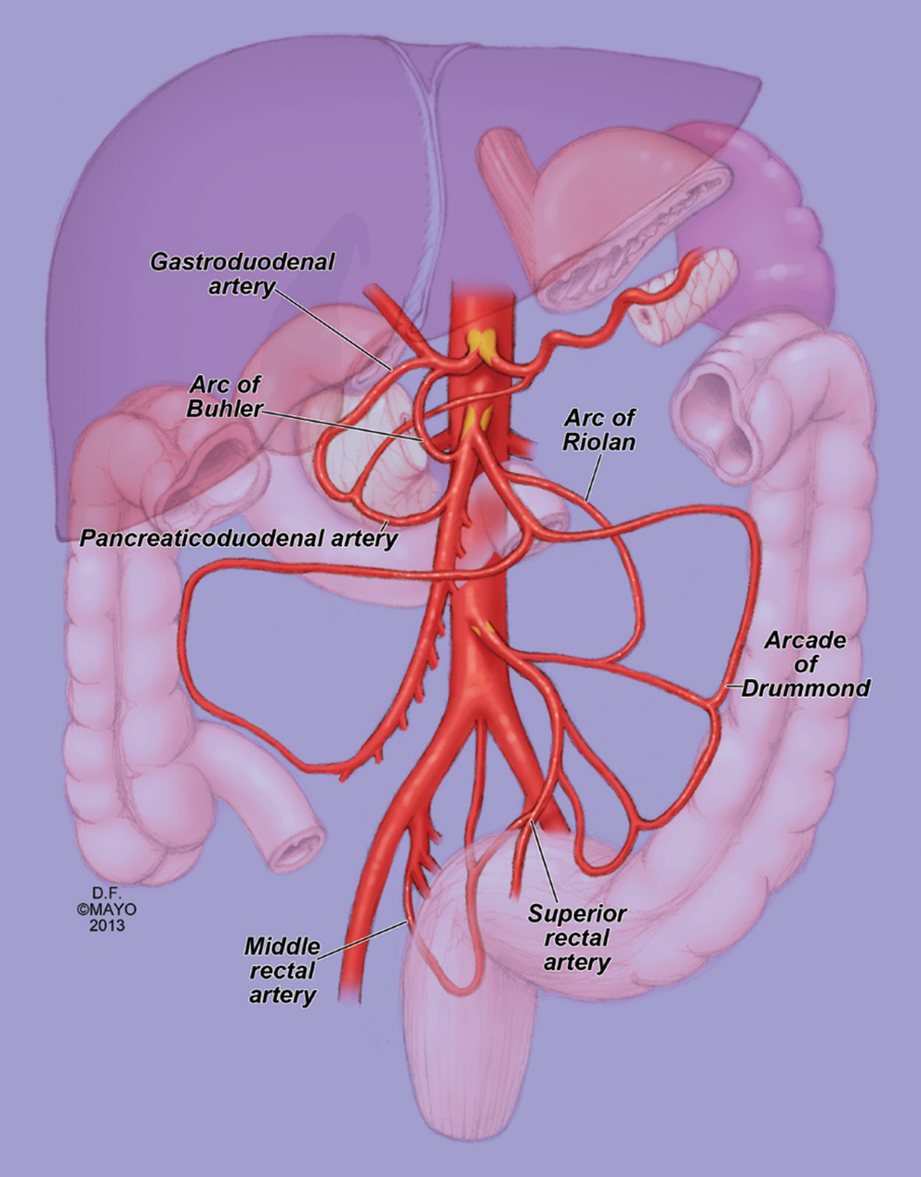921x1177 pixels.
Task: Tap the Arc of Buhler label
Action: pyautogui.click(x=227, y=396)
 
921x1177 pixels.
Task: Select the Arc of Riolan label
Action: pyautogui.click(x=599, y=428)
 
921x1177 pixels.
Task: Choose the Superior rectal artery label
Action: pyautogui.click(x=576, y=937)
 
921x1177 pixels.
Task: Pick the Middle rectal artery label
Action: pyautogui.click(x=282, y=971)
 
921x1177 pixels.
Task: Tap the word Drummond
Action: pyautogui.click(x=807, y=688)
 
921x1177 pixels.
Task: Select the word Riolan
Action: pyautogui.click(x=599, y=441)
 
